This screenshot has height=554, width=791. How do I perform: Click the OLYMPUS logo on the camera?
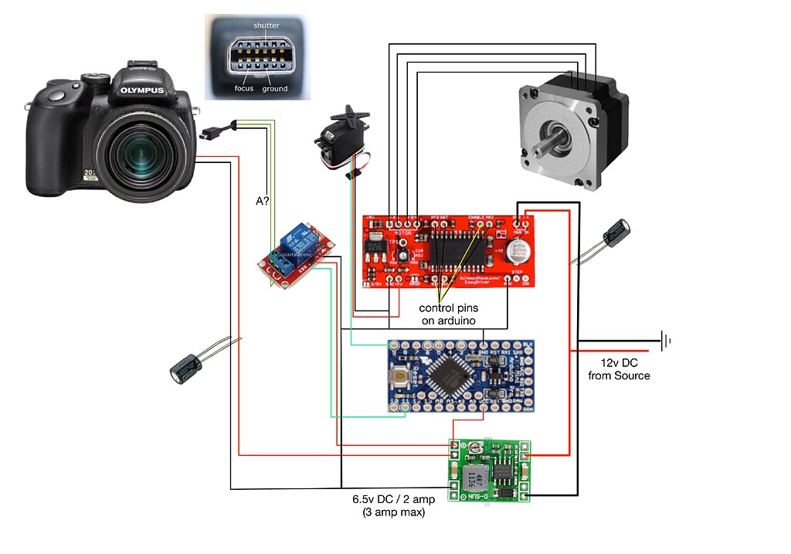[x=142, y=90]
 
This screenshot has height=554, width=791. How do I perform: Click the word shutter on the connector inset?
[x=266, y=25]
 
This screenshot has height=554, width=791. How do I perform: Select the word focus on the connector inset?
[x=244, y=89]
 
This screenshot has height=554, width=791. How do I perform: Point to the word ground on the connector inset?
[x=274, y=89]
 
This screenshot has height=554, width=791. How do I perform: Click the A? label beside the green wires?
[x=263, y=201]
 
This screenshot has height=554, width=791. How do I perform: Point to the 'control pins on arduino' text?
[x=447, y=314]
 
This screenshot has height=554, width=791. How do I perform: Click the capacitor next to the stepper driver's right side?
[x=616, y=233]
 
